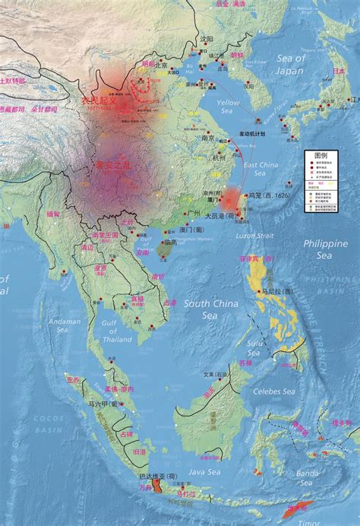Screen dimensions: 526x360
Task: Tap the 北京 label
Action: pos(160,65)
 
